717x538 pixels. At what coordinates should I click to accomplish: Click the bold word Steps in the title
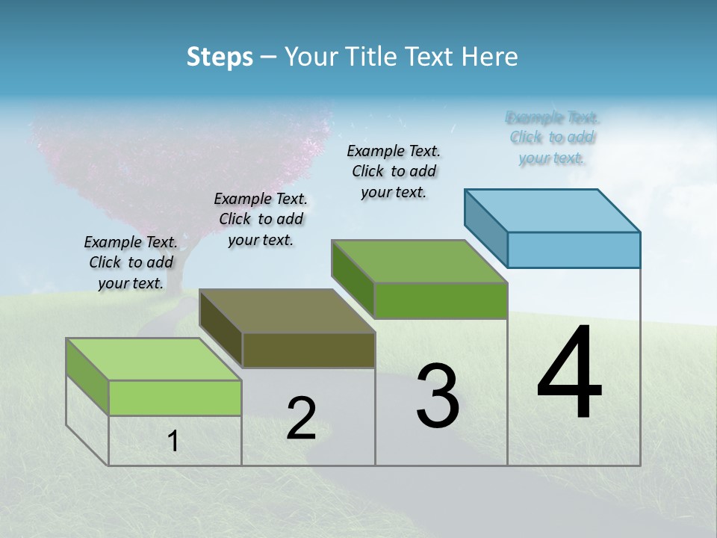point(220,57)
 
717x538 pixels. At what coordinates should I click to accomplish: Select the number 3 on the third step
point(438,396)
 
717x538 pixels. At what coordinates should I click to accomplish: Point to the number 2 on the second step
point(301,418)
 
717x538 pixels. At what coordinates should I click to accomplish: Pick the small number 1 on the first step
point(173,442)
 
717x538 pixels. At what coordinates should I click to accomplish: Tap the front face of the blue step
point(574,250)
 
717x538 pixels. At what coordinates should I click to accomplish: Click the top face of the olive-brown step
point(288,310)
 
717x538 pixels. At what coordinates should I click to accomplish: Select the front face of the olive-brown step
point(308,350)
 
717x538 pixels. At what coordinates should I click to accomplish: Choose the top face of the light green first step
point(154,359)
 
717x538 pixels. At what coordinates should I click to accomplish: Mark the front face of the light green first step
point(175,398)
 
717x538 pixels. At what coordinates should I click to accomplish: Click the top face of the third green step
point(420,262)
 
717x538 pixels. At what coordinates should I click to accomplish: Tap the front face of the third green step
point(441,300)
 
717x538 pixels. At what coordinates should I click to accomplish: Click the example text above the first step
point(131,262)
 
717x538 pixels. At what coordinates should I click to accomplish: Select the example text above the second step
point(261,219)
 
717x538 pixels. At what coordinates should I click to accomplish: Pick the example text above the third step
point(394,171)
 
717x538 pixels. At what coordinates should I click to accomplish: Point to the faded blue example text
point(552,137)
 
